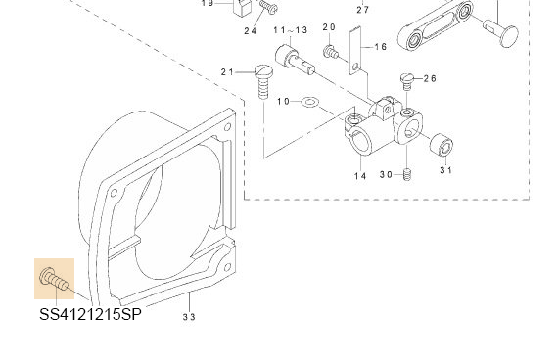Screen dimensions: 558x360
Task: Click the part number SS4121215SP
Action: pyautogui.click(x=90, y=314)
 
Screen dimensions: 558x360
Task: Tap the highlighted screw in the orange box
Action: pyautogui.click(x=54, y=279)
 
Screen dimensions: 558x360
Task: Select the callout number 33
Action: pyautogui.click(x=189, y=317)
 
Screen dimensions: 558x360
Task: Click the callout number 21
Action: pyautogui.click(x=227, y=72)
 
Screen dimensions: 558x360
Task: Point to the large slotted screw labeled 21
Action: pyautogui.click(x=263, y=82)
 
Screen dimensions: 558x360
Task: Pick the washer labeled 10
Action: pyautogui.click(x=310, y=103)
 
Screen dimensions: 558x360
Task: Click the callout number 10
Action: pyautogui.click(x=284, y=102)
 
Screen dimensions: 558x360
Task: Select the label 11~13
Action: pyautogui.click(x=291, y=30)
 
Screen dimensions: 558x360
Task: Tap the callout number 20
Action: pyautogui.click(x=329, y=27)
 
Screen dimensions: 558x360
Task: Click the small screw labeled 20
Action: pyautogui.click(x=331, y=52)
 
